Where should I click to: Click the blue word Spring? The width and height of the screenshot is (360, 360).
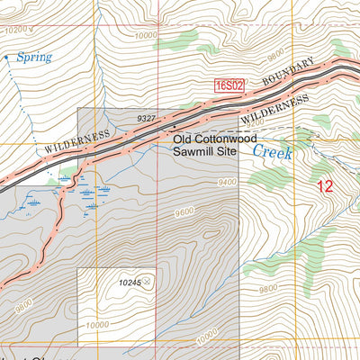[34, 57]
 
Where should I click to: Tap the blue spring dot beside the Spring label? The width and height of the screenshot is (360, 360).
[6, 57]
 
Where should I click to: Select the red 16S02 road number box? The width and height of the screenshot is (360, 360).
[229, 85]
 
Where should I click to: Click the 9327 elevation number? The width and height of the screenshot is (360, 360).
[148, 118]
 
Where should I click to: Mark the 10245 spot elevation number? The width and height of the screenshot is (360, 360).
[130, 283]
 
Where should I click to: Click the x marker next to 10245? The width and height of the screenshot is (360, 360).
[148, 282]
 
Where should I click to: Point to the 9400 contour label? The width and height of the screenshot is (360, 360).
[227, 182]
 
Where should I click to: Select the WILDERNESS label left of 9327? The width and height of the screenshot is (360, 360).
[76, 140]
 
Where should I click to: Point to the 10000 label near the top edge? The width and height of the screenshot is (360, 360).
[144, 35]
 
